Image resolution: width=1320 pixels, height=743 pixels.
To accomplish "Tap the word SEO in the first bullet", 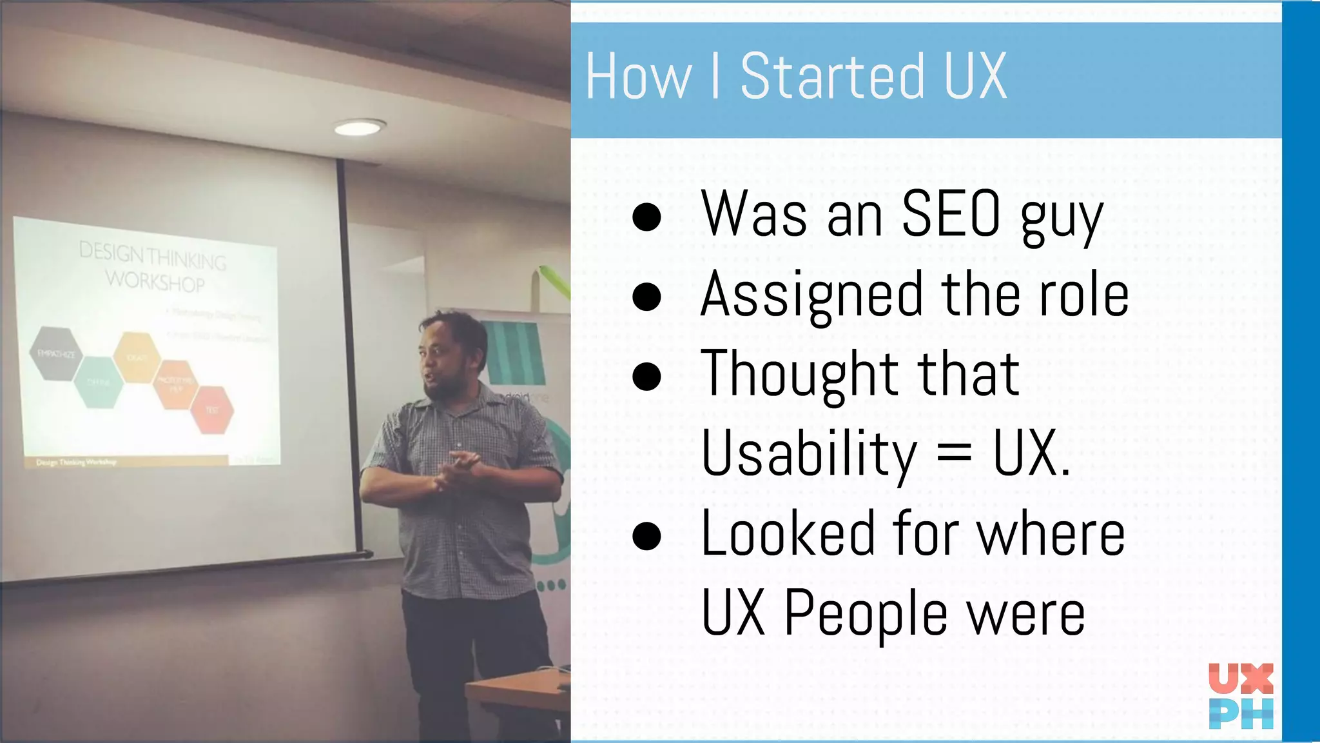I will coord(950,214).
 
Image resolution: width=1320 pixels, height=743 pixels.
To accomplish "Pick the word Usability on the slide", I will coord(809,454).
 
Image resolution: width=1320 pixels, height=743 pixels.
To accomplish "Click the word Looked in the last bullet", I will coord(787,534).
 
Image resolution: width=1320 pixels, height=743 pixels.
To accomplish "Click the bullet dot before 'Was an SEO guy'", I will coord(646,217).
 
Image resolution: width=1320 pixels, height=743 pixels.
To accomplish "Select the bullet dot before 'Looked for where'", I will coord(646,535).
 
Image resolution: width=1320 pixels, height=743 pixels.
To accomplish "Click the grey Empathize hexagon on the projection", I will coord(57,353).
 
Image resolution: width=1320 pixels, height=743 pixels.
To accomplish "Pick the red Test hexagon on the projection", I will coord(212,410).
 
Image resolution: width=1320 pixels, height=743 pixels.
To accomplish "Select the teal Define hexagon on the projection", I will coord(98,382).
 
